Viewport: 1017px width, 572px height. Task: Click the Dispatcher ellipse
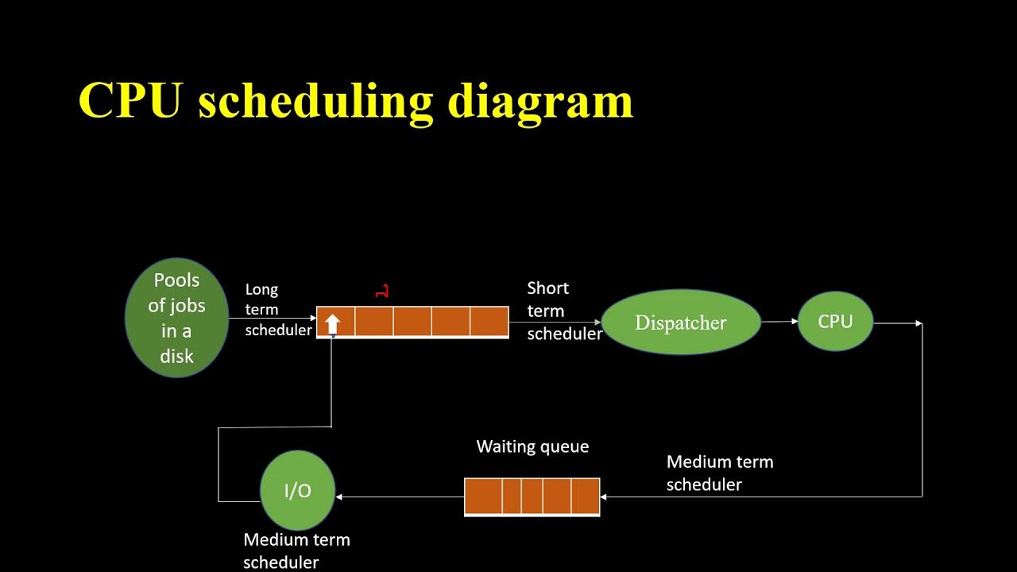tap(681, 323)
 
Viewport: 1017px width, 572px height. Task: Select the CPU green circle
tap(835, 321)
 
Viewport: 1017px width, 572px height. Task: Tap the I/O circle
tap(298, 491)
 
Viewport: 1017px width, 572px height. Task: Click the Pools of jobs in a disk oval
tap(177, 318)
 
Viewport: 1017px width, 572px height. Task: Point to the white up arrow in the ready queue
tap(333, 323)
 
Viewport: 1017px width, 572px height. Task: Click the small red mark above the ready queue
tap(382, 292)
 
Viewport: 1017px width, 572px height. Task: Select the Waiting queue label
tap(532, 446)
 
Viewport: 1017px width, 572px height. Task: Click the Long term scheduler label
tap(277, 310)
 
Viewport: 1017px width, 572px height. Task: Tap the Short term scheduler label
tap(564, 311)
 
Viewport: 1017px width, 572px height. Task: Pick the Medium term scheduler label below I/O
tap(296, 551)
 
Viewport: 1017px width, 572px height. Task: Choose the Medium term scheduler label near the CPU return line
tap(719, 473)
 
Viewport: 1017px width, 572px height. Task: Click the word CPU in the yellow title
tap(130, 101)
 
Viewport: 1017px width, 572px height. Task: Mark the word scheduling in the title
tap(315, 101)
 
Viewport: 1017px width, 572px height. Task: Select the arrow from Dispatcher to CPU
tap(779, 322)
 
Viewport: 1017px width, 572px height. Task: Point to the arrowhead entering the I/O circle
tap(339, 497)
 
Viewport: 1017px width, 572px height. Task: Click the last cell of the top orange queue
tap(489, 322)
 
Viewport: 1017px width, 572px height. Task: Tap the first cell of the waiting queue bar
tap(483, 497)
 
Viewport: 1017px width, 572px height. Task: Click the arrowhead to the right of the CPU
tap(918, 323)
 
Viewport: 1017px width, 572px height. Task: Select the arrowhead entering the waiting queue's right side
tap(604, 497)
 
